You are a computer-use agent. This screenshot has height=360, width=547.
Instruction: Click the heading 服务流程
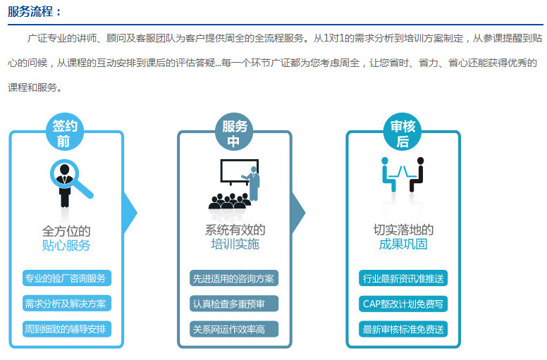[x=30, y=11]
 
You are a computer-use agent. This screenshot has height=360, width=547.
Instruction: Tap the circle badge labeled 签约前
[x=65, y=132]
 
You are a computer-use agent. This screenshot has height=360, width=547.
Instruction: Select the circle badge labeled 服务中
[x=234, y=132]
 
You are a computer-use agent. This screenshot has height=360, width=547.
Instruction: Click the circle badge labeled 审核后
[x=402, y=132]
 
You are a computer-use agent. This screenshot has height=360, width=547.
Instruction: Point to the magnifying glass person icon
[x=70, y=183]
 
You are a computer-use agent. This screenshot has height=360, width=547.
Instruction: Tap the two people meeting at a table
[x=403, y=174]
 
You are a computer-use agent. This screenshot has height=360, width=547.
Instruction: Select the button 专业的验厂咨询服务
[x=67, y=278]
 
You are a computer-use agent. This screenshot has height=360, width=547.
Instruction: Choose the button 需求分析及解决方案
[x=67, y=304]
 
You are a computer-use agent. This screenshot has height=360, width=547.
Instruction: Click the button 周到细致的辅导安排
[x=67, y=329]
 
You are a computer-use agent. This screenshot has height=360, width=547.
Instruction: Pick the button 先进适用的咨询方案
[x=234, y=278]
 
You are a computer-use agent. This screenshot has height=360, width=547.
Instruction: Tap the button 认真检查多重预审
[x=234, y=304]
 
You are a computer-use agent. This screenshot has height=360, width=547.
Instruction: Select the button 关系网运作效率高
[x=234, y=329]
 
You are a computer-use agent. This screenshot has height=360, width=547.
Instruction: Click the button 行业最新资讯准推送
[x=403, y=278]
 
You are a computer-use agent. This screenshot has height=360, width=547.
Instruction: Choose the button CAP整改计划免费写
[x=403, y=304]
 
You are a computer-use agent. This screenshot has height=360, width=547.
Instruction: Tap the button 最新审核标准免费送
[x=403, y=329]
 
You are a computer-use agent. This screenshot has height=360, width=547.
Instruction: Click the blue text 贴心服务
[x=66, y=245]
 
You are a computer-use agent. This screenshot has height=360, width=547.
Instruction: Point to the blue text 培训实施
[x=235, y=244]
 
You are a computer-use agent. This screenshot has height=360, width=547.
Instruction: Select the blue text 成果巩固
[x=403, y=244]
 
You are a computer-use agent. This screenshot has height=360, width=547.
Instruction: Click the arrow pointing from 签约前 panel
[x=130, y=213]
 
